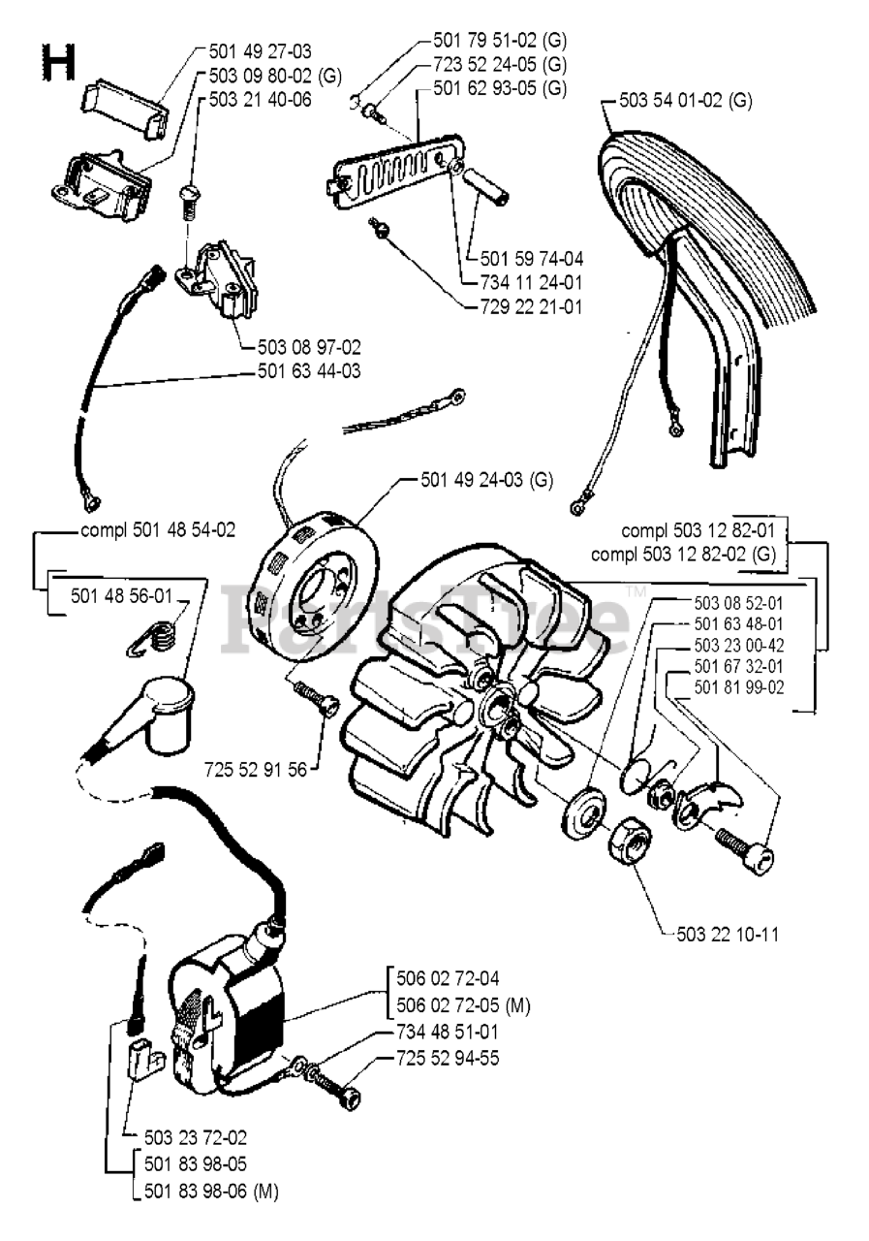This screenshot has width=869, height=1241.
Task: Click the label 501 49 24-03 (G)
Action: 486,479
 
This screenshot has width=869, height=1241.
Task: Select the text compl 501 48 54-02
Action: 157,530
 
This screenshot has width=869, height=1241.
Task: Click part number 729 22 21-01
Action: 531,307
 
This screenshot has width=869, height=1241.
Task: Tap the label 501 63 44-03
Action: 309,370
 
